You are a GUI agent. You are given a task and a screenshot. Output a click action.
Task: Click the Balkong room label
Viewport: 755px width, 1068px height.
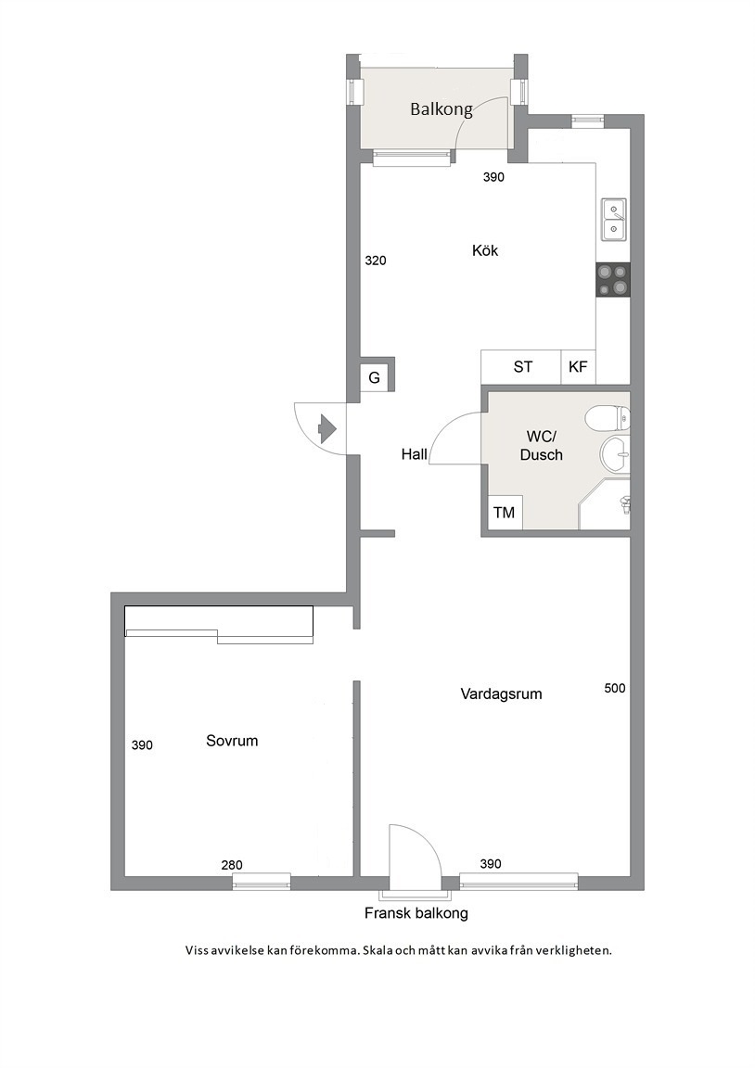[x=441, y=109]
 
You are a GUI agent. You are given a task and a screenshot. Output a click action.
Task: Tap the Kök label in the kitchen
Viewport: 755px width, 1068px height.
[x=484, y=250]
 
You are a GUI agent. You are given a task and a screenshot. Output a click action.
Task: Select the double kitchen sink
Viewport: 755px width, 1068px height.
[x=614, y=220]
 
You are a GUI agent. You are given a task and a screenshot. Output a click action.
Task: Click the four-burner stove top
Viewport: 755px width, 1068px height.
[x=612, y=280]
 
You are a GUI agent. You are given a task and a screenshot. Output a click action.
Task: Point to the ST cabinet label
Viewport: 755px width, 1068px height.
[x=522, y=367]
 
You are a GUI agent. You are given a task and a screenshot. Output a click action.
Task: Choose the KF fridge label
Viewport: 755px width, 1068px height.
[x=578, y=367]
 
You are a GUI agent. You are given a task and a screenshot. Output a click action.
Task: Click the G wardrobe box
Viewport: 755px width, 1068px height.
[x=374, y=377]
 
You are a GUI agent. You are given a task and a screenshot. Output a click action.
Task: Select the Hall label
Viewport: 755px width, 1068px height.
[x=415, y=454]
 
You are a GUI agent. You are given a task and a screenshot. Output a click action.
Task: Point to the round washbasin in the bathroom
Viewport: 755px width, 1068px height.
[x=616, y=453]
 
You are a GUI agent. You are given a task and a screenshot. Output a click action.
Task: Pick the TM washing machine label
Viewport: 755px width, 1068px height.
[x=505, y=512]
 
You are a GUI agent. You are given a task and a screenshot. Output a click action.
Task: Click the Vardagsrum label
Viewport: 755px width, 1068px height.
[x=502, y=694]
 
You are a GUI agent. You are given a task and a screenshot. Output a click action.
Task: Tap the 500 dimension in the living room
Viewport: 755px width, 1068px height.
[x=615, y=688]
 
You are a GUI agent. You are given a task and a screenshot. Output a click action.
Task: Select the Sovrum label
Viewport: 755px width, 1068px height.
[x=232, y=741]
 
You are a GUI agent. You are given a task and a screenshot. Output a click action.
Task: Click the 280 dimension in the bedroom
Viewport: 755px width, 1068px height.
[x=232, y=865]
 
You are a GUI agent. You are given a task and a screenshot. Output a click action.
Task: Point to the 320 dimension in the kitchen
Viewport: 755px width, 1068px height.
[x=376, y=261]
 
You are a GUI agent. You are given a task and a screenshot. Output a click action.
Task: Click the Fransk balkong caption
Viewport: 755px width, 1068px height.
[x=416, y=913]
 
